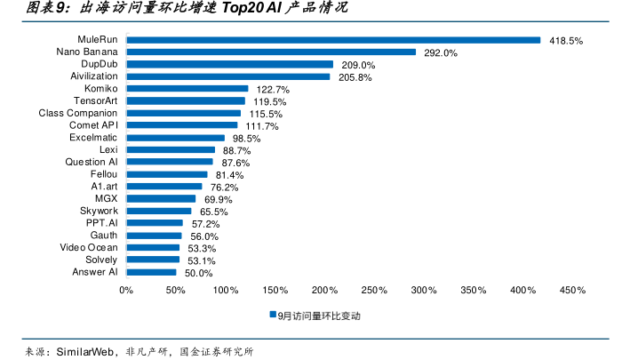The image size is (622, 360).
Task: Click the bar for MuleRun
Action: tap(333, 40)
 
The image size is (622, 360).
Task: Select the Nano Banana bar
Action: tap(271, 52)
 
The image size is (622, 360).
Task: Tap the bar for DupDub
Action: tap(229, 65)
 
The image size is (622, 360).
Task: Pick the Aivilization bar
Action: tap(228, 77)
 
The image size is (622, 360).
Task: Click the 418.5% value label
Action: tap(566, 41)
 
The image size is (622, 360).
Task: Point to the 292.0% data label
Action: tap(441, 53)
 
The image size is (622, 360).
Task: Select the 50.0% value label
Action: tap(198, 273)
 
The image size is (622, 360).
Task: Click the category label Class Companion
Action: tap(78, 114)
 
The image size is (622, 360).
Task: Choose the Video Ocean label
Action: tap(88, 247)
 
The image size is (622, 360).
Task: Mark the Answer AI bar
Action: tap(151, 272)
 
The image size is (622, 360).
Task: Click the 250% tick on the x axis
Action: tap(374, 290)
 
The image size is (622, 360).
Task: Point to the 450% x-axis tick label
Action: tap(572, 290)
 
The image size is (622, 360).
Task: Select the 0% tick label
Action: tap(126, 290)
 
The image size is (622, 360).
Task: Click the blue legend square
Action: tap(274, 316)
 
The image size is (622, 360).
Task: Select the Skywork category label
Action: tap(99, 211)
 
